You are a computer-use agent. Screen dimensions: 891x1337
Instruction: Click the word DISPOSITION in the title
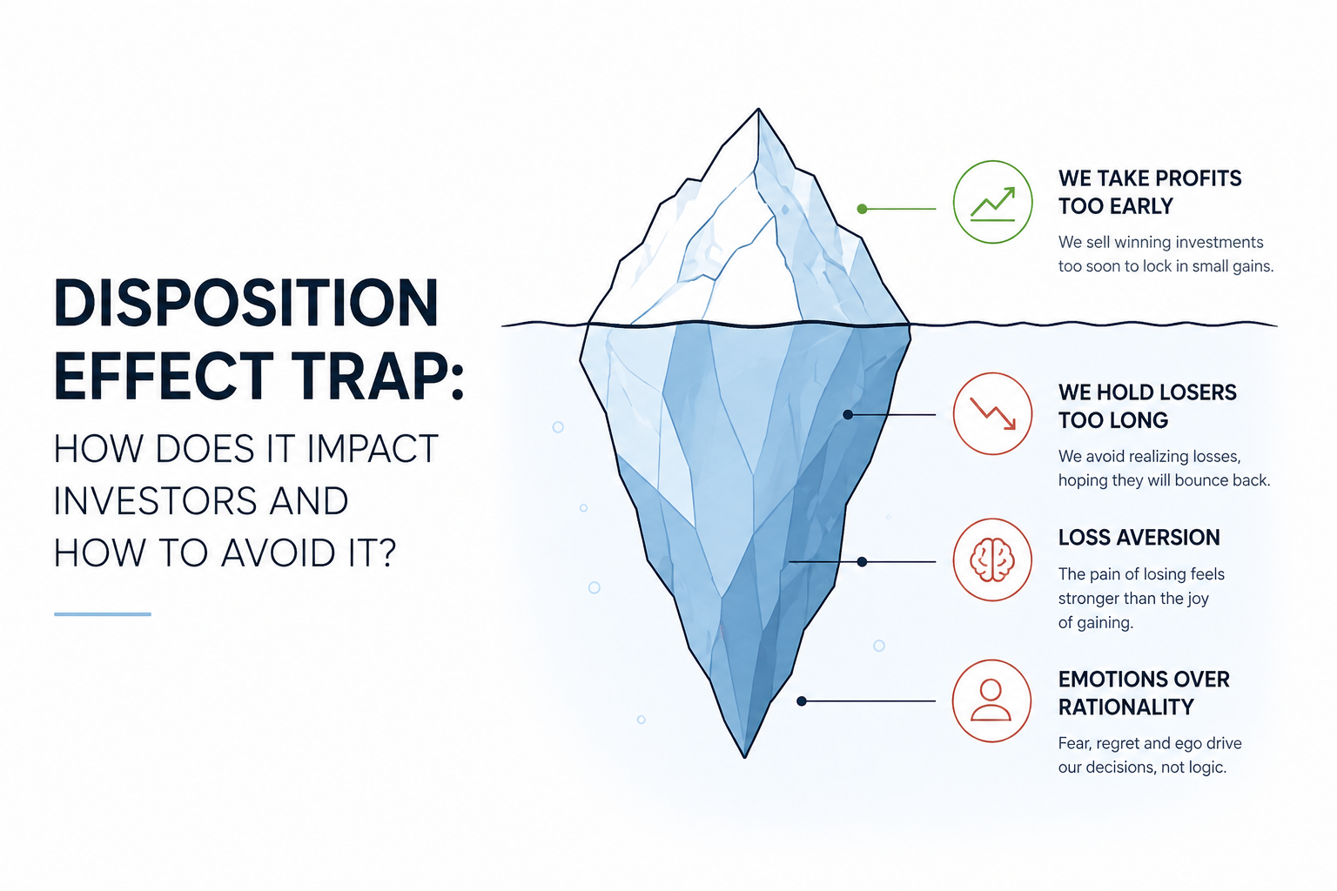pos(246,304)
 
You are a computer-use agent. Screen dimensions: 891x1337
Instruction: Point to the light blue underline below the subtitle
pos(103,614)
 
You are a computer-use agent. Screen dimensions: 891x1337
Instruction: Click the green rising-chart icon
pos(992,202)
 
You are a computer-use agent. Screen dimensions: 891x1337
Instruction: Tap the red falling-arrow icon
pos(992,413)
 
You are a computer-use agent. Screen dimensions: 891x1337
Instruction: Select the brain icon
pos(992,559)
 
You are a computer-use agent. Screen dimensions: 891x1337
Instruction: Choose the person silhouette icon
pos(991,701)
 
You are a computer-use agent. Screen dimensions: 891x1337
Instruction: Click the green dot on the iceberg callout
pos(862,209)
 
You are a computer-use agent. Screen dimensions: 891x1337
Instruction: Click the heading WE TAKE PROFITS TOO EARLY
pos(1149,192)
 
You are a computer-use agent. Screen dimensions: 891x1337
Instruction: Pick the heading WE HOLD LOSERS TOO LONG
pos(1146,406)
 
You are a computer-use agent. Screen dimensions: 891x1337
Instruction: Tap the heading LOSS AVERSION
pos(1139,538)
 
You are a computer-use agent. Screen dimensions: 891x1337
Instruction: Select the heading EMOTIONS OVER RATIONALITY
pos(1143,693)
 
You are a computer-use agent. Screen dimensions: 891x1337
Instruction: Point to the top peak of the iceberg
pos(758,111)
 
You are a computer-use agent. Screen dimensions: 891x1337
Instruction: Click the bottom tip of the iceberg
pos(745,755)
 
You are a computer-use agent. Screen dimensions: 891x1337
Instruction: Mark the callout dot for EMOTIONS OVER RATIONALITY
pos(802,701)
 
